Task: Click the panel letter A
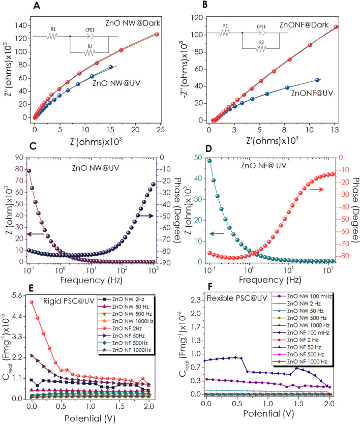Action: point(37,6)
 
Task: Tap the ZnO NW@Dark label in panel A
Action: point(133,23)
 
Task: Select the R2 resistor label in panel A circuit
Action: point(90,46)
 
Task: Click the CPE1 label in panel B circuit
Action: point(261,26)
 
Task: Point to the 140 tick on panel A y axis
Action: point(20,25)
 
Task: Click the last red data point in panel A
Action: point(157,35)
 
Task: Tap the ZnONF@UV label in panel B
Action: point(312,94)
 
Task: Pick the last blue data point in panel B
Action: point(317,80)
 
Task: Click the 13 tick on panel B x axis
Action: point(335,130)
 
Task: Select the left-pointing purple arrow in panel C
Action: point(36,234)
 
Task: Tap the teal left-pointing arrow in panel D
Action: point(217,233)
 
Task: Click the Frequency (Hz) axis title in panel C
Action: point(91,280)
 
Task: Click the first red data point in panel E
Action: point(32,302)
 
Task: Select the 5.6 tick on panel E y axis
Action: point(17,295)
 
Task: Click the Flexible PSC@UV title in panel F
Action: point(236,298)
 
